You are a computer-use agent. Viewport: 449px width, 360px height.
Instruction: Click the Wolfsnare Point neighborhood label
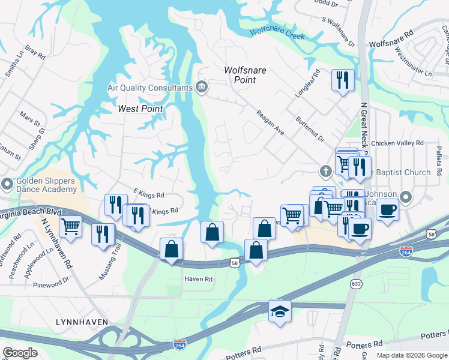245,75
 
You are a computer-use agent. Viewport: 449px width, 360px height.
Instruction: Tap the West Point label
140,109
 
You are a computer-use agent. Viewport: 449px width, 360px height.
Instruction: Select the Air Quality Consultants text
149,88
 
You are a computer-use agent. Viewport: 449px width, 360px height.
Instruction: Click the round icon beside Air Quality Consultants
202,88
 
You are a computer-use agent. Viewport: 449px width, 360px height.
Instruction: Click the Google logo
20,353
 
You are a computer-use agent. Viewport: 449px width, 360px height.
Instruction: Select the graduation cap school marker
280,311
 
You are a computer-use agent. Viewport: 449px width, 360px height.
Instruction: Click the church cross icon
325,172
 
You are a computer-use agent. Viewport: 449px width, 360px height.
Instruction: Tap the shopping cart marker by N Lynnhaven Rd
70,227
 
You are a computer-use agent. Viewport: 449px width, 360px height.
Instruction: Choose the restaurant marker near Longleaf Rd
343,80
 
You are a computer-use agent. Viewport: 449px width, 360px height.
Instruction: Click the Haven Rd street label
198,279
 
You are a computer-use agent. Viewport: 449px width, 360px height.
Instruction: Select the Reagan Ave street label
270,122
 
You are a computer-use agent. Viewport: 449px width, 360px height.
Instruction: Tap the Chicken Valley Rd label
397,143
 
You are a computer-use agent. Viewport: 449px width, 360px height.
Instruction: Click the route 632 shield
356,283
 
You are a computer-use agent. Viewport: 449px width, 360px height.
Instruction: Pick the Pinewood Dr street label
51,285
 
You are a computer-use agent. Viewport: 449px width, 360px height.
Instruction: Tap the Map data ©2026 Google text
411,355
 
